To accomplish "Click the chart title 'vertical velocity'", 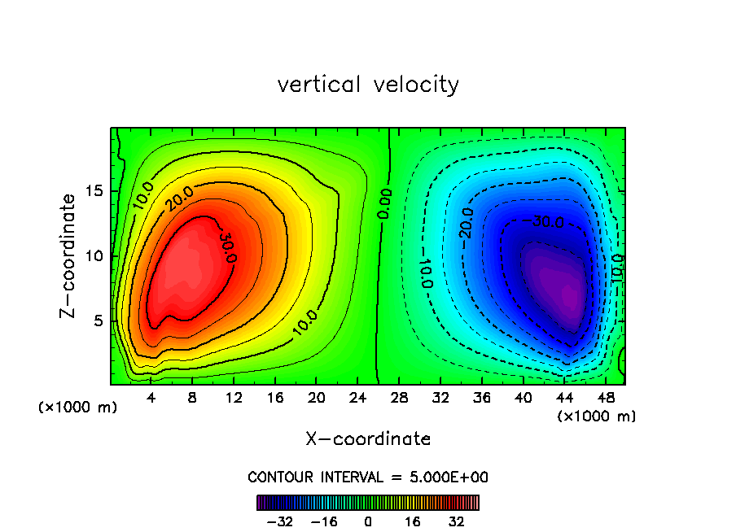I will (x=368, y=85).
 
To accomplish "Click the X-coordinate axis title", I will (x=368, y=439).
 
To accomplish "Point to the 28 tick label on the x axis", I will (x=399, y=399).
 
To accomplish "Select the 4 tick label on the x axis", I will (x=151, y=399).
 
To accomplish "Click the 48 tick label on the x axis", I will (x=605, y=399).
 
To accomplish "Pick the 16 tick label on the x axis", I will (x=275, y=399).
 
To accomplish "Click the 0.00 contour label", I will (x=385, y=204).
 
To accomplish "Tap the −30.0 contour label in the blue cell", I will (x=542, y=221).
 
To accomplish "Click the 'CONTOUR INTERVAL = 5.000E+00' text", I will (x=368, y=477).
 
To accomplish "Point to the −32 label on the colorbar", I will (x=279, y=521).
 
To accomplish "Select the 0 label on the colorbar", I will (x=368, y=521).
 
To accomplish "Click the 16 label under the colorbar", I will (x=413, y=521).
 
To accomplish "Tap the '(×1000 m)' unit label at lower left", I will (x=78, y=407).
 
